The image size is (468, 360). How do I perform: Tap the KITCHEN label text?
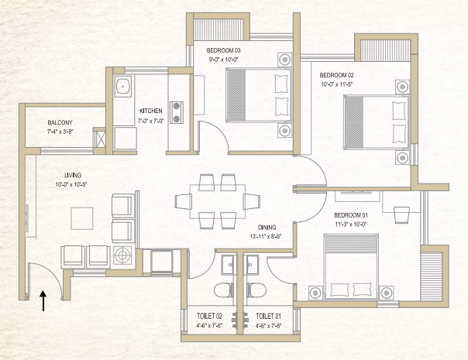click(x=150, y=111)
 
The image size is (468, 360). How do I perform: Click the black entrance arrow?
click(x=43, y=300)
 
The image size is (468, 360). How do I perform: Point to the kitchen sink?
click(x=123, y=87)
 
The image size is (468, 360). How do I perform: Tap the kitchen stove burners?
click(x=175, y=112)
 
